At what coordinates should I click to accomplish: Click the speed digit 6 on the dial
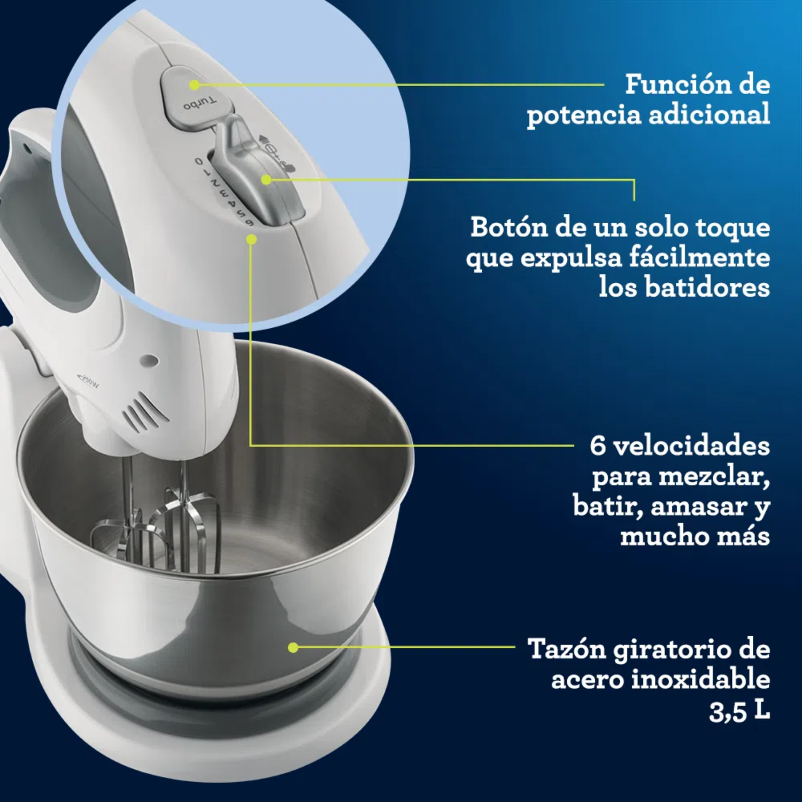(x=249, y=222)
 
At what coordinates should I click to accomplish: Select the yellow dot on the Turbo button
(x=194, y=85)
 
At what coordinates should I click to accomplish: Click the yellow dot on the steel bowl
(x=292, y=647)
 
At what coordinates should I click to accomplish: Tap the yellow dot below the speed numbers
(x=251, y=240)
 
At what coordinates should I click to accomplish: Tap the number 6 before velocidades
(x=598, y=446)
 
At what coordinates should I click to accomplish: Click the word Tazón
(x=567, y=649)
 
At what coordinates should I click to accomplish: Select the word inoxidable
(x=700, y=679)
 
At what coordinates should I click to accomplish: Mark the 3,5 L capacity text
(x=739, y=711)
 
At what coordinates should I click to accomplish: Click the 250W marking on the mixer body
(x=88, y=382)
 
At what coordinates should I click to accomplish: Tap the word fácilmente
(x=699, y=258)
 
